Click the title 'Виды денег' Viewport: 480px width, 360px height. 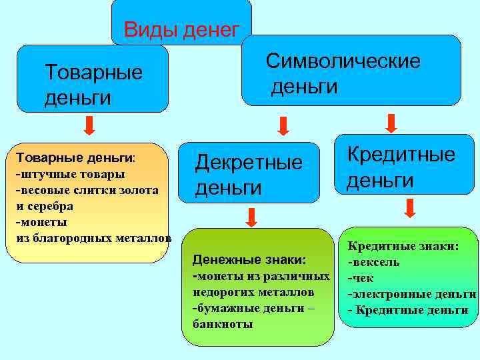point(181,29)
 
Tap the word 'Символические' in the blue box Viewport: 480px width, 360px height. point(343,61)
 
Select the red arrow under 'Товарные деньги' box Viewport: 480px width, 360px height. point(91,125)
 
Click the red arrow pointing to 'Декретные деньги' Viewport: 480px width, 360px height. point(283,125)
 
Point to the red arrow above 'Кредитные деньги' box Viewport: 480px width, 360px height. point(391,123)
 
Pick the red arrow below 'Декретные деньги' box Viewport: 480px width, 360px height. point(252,217)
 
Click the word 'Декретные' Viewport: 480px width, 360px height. point(248,162)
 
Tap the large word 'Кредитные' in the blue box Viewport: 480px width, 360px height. point(401,155)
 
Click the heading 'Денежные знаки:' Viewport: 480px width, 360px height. point(249,259)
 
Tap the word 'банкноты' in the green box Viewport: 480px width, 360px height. point(222,324)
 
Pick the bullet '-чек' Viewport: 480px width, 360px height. point(361,278)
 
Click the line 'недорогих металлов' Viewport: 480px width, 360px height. point(253,292)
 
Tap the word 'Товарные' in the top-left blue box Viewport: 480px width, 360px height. point(93,72)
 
